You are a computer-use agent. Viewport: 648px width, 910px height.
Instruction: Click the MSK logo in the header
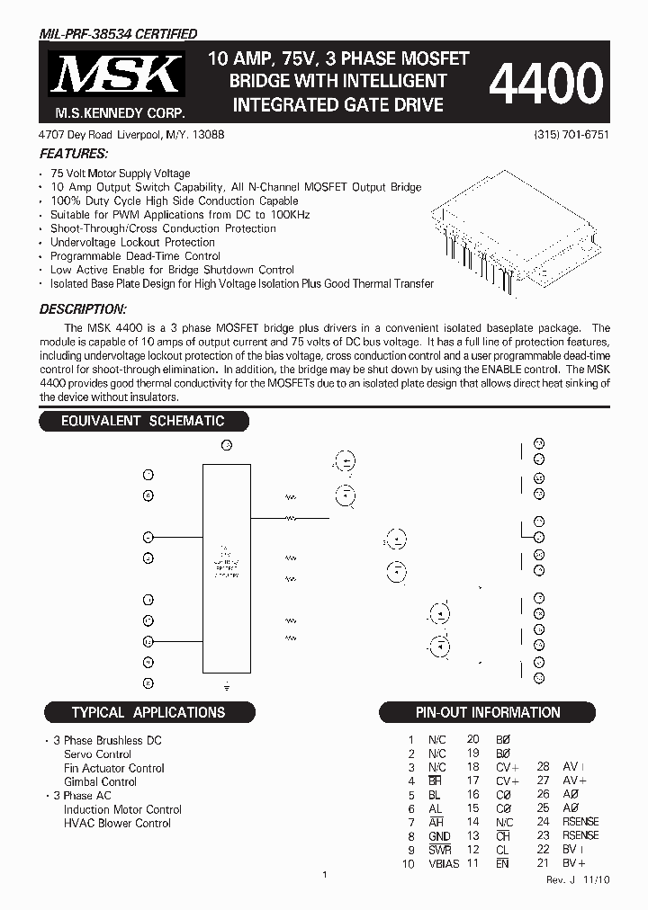tap(115, 76)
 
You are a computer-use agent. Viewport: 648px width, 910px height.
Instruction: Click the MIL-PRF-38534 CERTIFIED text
tap(118, 34)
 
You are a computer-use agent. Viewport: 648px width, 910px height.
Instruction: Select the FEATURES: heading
tap(74, 154)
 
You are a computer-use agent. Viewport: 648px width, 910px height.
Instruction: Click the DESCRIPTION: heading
tap(82, 309)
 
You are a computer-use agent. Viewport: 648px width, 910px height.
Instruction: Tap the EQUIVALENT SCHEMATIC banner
tap(142, 421)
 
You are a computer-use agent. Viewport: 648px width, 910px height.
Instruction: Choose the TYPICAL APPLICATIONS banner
tap(148, 712)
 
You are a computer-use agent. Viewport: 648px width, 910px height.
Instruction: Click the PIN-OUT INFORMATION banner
tap(487, 712)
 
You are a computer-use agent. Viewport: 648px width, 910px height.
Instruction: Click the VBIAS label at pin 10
tap(443, 864)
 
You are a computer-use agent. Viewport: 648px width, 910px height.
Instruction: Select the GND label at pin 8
tap(438, 836)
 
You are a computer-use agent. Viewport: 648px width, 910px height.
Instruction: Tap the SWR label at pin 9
tap(439, 850)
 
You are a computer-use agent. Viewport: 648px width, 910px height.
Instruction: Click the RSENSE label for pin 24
tap(580, 822)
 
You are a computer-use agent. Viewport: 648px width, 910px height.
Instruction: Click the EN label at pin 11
tap(502, 864)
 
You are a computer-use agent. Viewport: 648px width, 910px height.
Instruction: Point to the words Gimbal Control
tap(100, 781)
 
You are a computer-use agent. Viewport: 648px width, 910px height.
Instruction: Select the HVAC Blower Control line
tap(117, 823)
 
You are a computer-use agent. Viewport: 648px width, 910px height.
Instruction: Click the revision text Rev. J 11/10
tap(577, 880)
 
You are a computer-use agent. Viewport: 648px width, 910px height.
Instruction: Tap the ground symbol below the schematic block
tap(227, 683)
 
